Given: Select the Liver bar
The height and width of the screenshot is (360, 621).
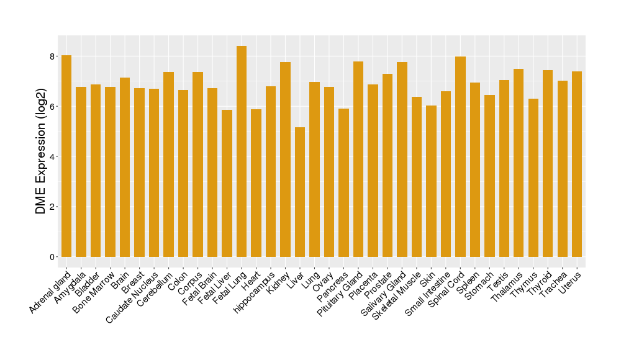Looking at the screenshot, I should coord(300,192).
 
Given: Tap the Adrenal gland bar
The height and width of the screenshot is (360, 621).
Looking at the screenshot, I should coord(66,156).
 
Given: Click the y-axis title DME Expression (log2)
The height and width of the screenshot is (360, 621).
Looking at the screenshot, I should coord(41,151).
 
